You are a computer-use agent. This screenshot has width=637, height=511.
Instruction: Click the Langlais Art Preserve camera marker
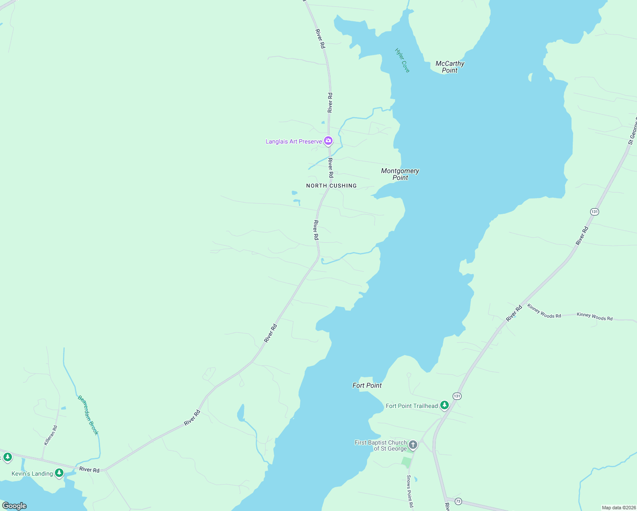pyautogui.click(x=328, y=141)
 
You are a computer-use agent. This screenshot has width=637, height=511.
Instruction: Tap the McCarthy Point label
pyautogui.click(x=450, y=67)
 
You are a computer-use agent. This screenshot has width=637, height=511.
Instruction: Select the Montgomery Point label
pyautogui.click(x=400, y=174)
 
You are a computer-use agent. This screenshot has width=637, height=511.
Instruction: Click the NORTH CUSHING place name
pyautogui.click(x=331, y=186)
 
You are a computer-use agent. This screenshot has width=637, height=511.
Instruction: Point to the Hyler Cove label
pyautogui.click(x=402, y=60)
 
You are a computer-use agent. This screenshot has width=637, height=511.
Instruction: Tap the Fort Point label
pyautogui.click(x=367, y=385)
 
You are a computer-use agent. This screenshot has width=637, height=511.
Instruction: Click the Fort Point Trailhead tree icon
pyautogui.click(x=445, y=405)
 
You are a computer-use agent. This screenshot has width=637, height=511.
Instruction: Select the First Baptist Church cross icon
pyautogui.click(x=413, y=445)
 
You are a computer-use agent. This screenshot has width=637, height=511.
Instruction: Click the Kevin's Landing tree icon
pyautogui.click(x=59, y=473)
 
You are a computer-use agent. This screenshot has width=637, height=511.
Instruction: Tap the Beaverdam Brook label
pyautogui.click(x=88, y=415)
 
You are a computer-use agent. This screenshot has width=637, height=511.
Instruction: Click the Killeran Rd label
pyautogui.click(x=50, y=435)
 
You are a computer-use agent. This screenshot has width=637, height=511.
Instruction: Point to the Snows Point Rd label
pyautogui.click(x=410, y=491)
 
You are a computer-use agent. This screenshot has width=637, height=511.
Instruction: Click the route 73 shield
pyautogui.click(x=458, y=501)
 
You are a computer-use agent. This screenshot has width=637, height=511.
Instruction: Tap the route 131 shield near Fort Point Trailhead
pyautogui.click(x=457, y=396)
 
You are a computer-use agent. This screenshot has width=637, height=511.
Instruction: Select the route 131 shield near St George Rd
pyautogui.click(x=594, y=212)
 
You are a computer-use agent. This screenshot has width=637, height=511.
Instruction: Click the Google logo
pyautogui.click(x=14, y=506)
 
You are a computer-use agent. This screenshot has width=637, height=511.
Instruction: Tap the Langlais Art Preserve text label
pyautogui.click(x=294, y=141)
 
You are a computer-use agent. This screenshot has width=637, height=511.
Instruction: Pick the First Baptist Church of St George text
pyautogui.click(x=380, y=445)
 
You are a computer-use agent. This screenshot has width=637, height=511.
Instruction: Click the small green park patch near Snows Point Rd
pyautogui.click(x=407, y=462)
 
